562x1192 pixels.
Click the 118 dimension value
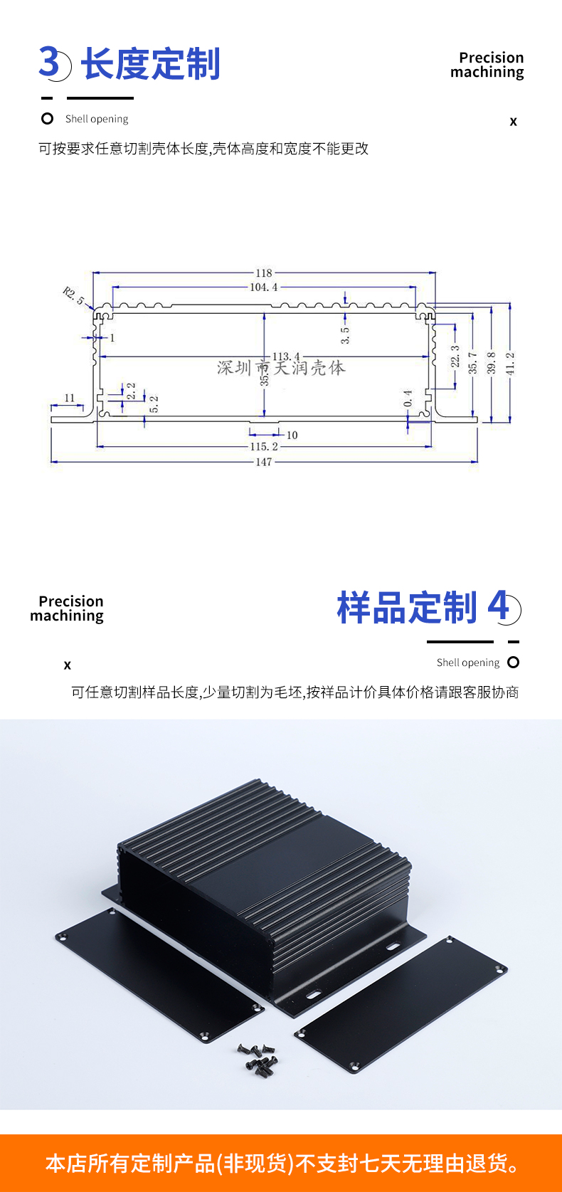264,273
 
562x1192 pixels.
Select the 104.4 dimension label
264,288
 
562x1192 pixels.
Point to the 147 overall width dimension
264,462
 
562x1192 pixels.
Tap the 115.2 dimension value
264,446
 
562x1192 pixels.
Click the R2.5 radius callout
73,296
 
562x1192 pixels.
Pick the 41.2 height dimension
510,364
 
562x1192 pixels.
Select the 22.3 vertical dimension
455,357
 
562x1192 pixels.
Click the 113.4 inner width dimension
286,356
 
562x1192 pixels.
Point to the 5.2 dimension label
154,404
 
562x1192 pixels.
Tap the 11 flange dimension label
70,398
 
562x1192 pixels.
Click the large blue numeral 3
49,62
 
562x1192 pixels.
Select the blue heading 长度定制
151,64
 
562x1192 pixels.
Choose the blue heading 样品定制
407,607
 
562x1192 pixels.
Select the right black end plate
401,1006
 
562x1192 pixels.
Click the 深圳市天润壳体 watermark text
281,368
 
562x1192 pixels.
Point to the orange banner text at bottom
282,1164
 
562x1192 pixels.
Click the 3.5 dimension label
345,335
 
